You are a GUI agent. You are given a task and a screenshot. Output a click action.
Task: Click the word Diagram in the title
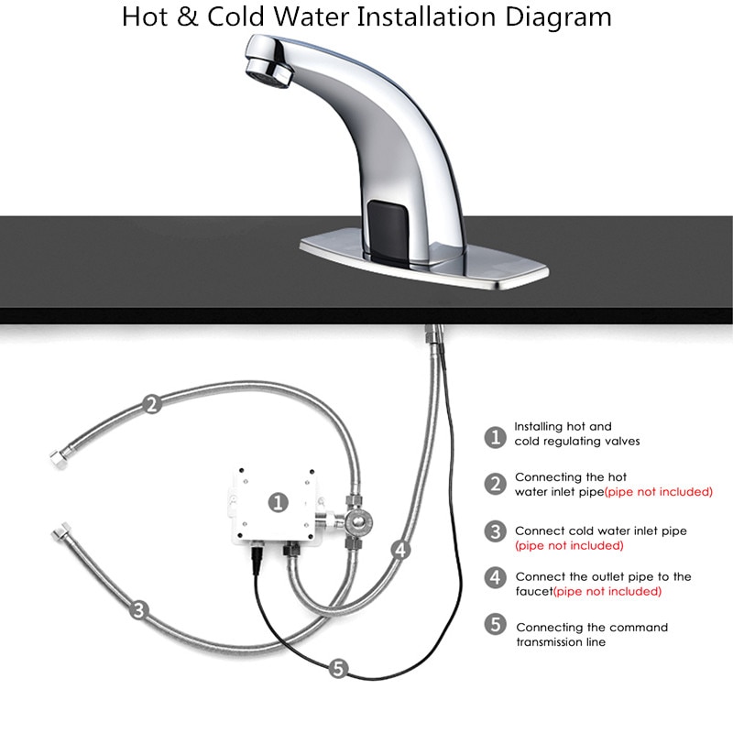tap(558, 17)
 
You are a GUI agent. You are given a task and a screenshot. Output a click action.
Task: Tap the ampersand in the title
tap(188, 16)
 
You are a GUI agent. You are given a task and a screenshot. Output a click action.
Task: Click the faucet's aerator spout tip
tap(268, 71)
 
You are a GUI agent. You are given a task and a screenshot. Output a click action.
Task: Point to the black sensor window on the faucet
tap(388, 230)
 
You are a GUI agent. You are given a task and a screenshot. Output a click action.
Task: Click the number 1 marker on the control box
tap(279, 502)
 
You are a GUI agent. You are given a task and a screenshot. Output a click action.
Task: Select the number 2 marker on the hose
tap(152, 404)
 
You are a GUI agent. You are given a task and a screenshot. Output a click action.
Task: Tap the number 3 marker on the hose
tap(139, 610)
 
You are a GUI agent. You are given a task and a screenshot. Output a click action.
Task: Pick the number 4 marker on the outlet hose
tap(401, 550)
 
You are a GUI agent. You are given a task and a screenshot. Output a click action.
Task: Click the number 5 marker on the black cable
tap(338, 668)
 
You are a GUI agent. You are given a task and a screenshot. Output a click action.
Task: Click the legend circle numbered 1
tap(495, 438)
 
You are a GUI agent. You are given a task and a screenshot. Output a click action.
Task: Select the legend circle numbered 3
tap(496, 531)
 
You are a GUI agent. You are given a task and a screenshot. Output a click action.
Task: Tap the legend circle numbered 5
tap(496, 625)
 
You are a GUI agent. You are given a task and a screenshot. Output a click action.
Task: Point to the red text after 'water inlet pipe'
tap(659, 492)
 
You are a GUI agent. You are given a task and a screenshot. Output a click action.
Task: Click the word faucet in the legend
tap(534, 591)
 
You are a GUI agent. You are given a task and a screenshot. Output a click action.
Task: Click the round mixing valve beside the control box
tap(358, 520)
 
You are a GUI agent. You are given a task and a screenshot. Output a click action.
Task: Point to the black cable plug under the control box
tap(257, 556)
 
